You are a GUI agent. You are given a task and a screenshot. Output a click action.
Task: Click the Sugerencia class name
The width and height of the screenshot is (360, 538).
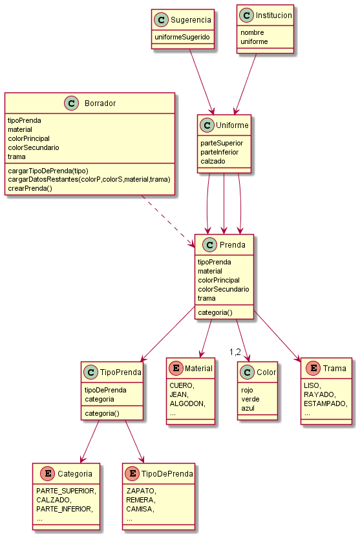pos(191,20)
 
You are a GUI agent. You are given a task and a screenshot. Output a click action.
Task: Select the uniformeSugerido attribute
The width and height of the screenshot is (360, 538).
pos(182,37)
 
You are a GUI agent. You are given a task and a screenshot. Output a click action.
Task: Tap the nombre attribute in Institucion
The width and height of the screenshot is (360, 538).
pos(252,32)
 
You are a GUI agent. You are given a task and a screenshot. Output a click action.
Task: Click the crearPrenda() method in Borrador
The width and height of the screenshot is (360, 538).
pos(30,188)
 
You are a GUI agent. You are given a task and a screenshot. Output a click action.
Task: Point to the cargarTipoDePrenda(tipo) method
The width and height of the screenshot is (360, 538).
pos(48,171)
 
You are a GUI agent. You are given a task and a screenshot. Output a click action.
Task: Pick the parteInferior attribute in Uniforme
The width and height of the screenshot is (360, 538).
pos(220,152)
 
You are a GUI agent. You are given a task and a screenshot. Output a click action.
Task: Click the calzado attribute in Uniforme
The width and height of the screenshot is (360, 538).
pos(213,161)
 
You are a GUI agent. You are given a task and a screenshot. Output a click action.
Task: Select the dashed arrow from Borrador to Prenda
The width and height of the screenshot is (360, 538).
pos(168,221)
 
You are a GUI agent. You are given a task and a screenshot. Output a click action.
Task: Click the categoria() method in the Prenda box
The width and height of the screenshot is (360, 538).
pos(215,312)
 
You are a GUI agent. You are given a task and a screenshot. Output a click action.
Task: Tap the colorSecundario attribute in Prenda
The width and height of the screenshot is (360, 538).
pos(224,289)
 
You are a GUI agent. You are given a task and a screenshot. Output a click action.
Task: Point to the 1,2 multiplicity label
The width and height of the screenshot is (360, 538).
pos(235,352)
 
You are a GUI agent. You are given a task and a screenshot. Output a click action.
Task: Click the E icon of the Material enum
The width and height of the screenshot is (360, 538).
pos(176,368)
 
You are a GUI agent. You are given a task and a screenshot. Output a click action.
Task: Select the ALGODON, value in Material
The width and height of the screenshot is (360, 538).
pos(187,404)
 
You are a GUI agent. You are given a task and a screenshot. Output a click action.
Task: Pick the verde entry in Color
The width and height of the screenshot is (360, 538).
pos(250,400)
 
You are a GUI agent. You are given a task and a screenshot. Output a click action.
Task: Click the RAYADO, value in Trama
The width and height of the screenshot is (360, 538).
pos(320,394)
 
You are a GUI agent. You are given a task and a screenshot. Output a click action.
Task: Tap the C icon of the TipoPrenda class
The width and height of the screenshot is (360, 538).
pos(91,372)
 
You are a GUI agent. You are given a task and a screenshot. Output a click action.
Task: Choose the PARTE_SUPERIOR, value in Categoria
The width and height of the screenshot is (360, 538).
pos(66,491)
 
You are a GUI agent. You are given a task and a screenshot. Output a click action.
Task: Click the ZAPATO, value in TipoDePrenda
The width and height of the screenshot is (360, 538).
pos(142,491)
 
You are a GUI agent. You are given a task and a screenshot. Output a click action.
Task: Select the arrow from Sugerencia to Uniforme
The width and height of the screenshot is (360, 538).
pos(202,81)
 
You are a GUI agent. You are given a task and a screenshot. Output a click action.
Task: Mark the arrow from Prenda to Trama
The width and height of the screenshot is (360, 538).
pos(277,336)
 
